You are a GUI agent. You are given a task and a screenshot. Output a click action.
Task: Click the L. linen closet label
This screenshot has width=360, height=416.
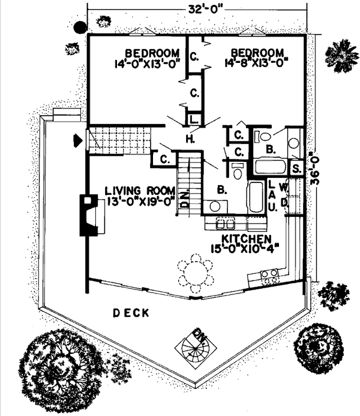point(193,119)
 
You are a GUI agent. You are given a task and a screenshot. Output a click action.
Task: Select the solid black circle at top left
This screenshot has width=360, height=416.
point(79,28)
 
